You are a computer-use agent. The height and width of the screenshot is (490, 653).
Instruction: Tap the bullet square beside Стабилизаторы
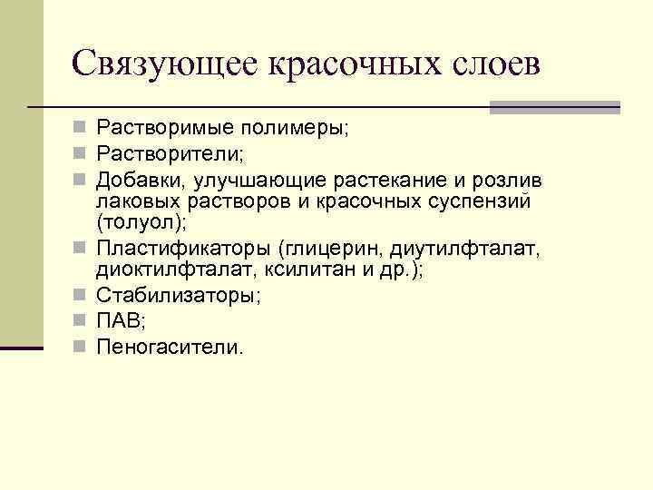82,296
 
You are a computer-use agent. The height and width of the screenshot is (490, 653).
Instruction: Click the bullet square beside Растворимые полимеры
82,129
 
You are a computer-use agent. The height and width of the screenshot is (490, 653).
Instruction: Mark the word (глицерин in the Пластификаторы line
321,247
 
